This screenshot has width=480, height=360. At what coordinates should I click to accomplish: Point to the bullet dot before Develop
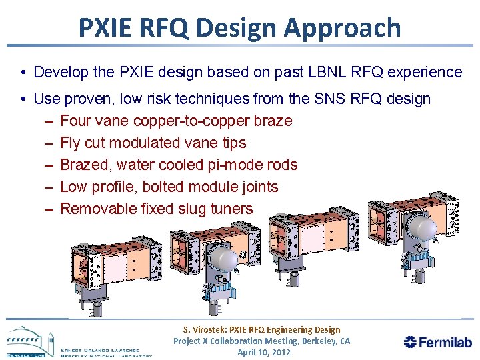pos(23,72)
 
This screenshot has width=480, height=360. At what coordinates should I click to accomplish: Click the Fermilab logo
pos(437,342)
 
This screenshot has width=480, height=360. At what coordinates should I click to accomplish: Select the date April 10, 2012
pos(263,352)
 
